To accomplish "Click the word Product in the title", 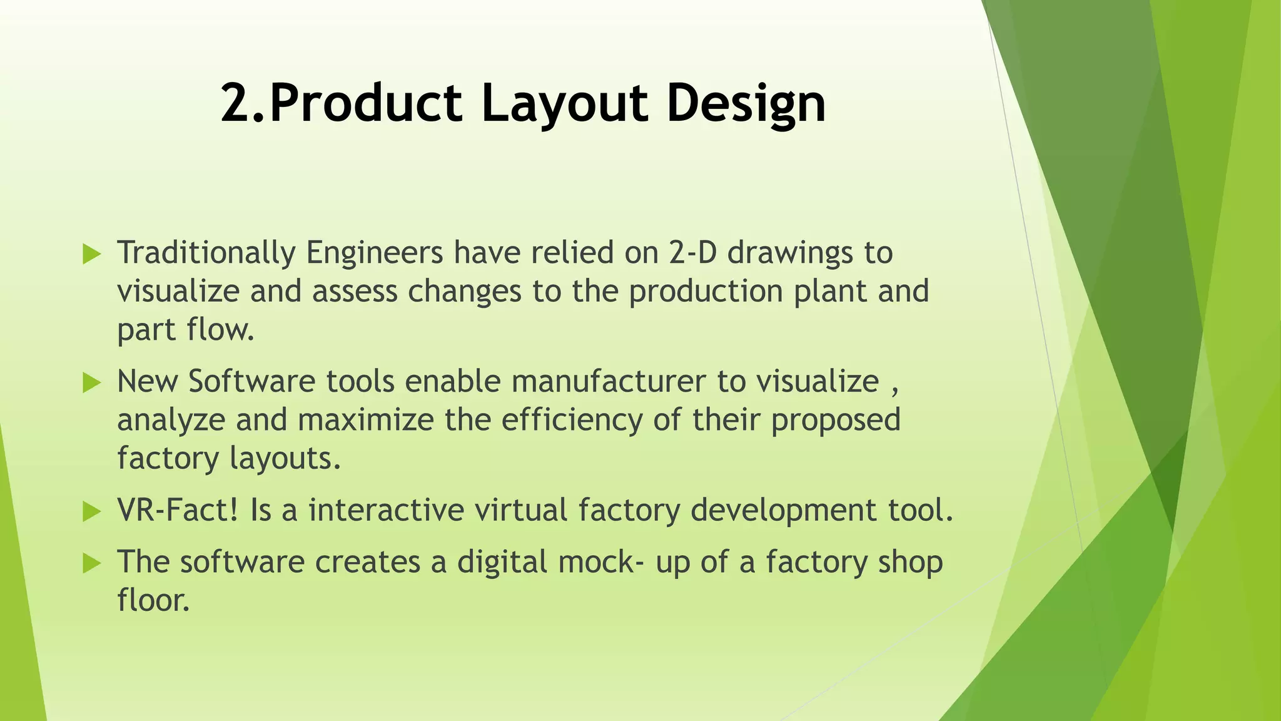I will click(366, 104).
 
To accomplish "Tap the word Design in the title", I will click(746, 104).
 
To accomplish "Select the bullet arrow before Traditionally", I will click(91, 254).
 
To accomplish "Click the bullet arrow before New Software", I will click(91, 382).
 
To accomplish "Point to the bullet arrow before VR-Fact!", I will click(91, 511).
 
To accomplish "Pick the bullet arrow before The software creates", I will click(91, 563).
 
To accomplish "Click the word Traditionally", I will click(206, 253).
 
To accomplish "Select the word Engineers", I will click(374, 253).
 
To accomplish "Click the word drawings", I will click(790, 253).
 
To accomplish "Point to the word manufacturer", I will click(608, 382).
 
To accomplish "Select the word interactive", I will click(386, 510).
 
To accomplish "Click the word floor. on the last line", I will click(153, 600).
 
